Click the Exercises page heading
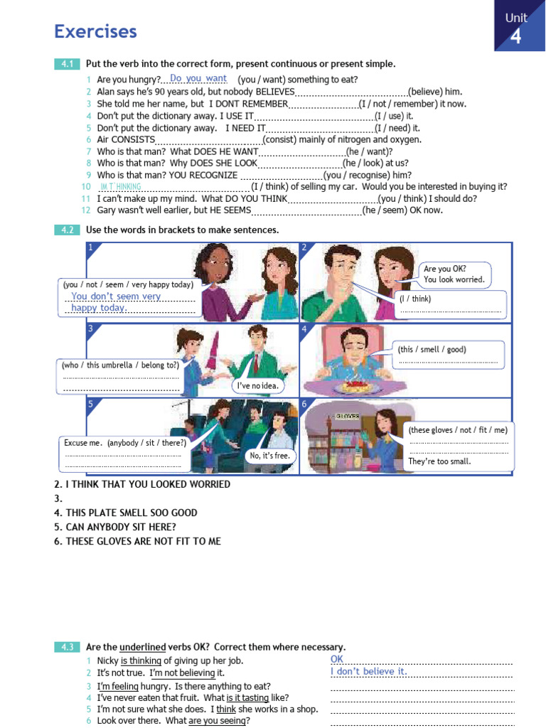pyautogui.click(x=95, y=31)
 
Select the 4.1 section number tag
pyautogui.click(x=67, y=64)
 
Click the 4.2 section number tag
pyautogui.click(x=67, y=230)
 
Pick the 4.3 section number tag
pyautogui.click(x=67, y=647)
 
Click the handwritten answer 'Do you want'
pyautogui.click(x=198, y=79)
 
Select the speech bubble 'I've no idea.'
pyautogui.click(x=257, y=386)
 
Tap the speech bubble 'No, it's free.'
pyautogui.click(x=271, y=455)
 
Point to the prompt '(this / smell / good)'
pyautogui.click(x=432, y=349)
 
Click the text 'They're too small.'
pyautogui.click(x=439, y=461)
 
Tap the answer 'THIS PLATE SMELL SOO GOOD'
pyautogui.click(x=132, y=513)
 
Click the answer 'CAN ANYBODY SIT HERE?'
pyautogui.click(x=121, y=527)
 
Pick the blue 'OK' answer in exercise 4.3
pyautogui.click(x=337, y=659)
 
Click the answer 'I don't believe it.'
pyautogui.click(x=368, y=671)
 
